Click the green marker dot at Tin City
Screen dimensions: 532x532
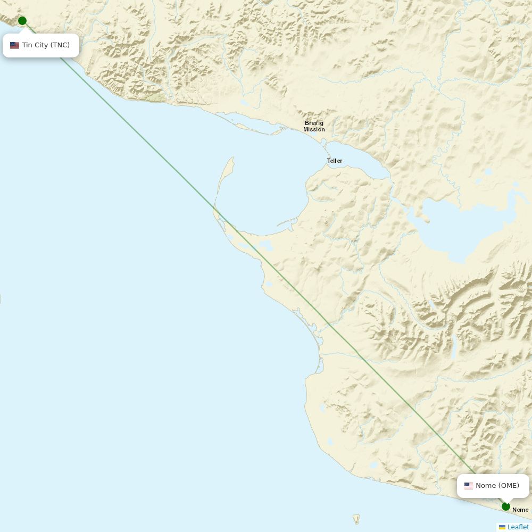pyautogui.click(x=22, y=21)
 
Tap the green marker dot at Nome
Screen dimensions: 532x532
pyautogui.click(x=506, y=506)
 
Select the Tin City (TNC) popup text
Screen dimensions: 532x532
pyautogui.click(x=46, y=45)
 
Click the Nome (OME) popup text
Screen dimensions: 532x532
pyautogui.click(x=497, y=486)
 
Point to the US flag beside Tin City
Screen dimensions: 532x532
pyautogui.click(x=14, y=46)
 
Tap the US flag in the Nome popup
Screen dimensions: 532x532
pyautogui.click(x=469, y=486)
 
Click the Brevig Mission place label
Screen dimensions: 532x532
pyautogui.click(x=314, y=126)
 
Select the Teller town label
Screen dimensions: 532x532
pyautogui.click(x=335, y=161)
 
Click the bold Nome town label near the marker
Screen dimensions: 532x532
pyautogui.click(x=520, y=510)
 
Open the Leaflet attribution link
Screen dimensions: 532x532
pyautogui.click(x=518, y=527)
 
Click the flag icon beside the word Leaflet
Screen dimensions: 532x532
pyautogui.click(x=502, y=527)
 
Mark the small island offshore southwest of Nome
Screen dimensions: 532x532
pyautogui.click(x=356, y=519)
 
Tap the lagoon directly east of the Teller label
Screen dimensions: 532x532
pyautogui.click(x=362, y=160)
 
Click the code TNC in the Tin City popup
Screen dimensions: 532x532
pyautogui.click(x=60, y=45)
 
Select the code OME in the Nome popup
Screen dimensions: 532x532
pyautogui.click(x=509, y=486)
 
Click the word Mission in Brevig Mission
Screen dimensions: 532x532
pyautogui.click(x=314, y=130)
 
